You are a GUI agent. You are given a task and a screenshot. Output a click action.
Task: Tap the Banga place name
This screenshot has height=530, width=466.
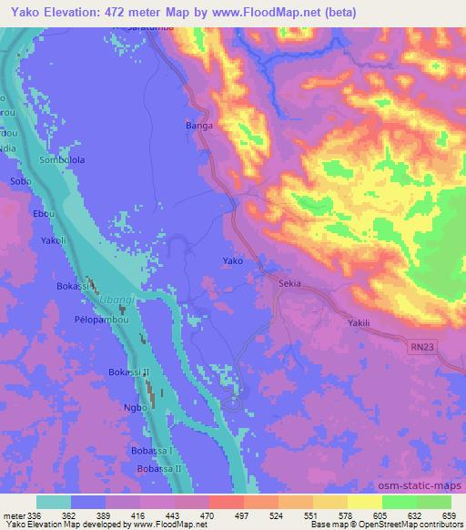199,126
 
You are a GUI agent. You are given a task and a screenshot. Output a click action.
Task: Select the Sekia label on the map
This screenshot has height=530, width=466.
290,283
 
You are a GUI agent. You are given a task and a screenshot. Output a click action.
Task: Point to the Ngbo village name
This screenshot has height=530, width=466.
135,407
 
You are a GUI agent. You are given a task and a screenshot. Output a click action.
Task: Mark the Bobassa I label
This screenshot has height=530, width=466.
150,450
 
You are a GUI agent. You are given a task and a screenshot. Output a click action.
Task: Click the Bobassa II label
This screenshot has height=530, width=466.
160,467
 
